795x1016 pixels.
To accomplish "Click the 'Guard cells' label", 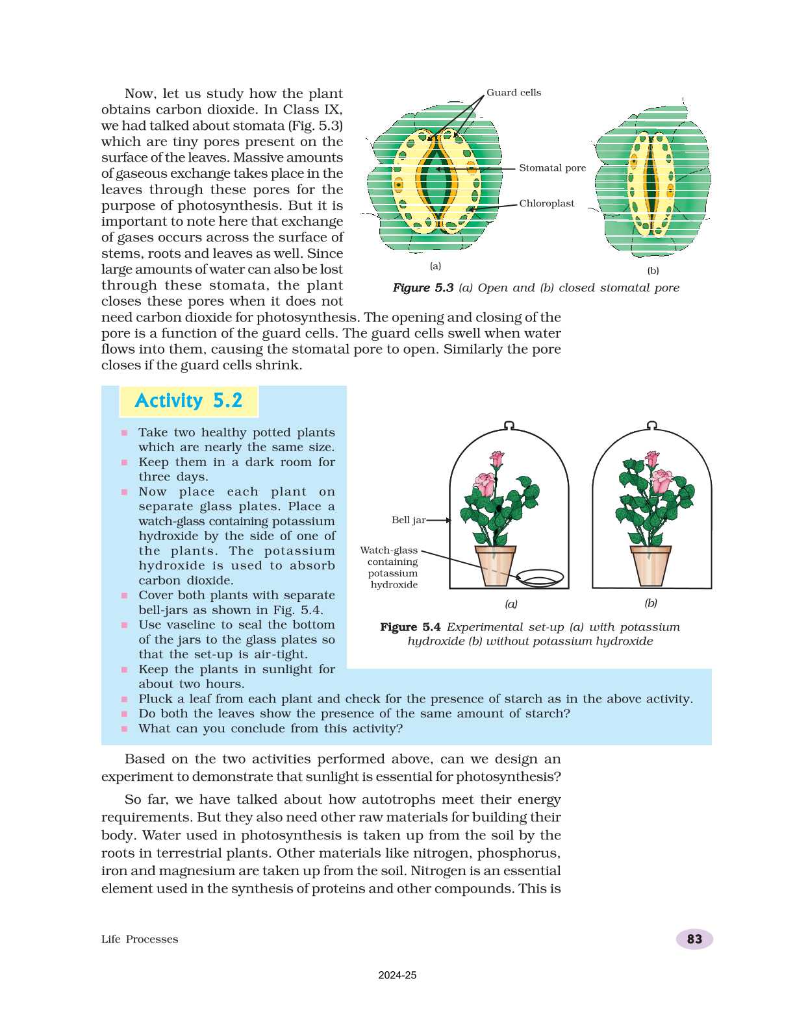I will (513, 93).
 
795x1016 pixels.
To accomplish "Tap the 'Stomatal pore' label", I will (552, 168).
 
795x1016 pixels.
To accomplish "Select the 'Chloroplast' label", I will (546, 204).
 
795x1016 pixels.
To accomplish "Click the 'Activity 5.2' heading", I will (188, 401).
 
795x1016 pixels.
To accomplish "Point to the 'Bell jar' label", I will (409, 520).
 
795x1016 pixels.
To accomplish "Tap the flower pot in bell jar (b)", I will (650, 565).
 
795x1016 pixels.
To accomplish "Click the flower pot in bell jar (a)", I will (495, 565).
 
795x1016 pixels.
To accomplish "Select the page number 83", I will (694, 939).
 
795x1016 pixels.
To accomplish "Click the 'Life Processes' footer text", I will (140, 939).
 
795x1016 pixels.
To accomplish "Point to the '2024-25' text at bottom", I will (397, 975).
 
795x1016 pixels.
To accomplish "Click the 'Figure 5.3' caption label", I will (423, 288).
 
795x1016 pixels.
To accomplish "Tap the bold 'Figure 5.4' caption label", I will (410, 627).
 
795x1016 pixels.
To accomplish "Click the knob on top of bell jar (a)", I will (509, 425).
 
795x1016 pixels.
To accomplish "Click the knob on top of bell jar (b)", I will (651, 425).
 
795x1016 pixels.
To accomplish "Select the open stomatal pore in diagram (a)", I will (436, 183).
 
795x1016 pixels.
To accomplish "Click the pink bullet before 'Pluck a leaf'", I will (124, 699).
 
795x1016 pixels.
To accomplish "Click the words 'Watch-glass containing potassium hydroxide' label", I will (390, 567).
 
